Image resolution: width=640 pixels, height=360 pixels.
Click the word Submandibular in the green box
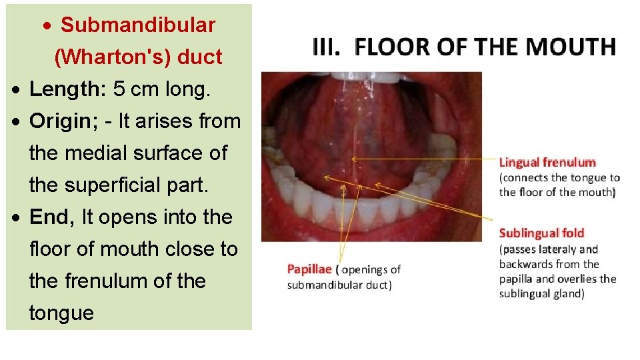138,25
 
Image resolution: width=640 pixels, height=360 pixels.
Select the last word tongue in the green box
61,313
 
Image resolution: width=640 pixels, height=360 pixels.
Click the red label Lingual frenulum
547,162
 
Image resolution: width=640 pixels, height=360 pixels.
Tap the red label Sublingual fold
541,233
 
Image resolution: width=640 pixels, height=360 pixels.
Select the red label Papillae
309,269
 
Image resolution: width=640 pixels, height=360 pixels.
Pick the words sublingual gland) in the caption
542,293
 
